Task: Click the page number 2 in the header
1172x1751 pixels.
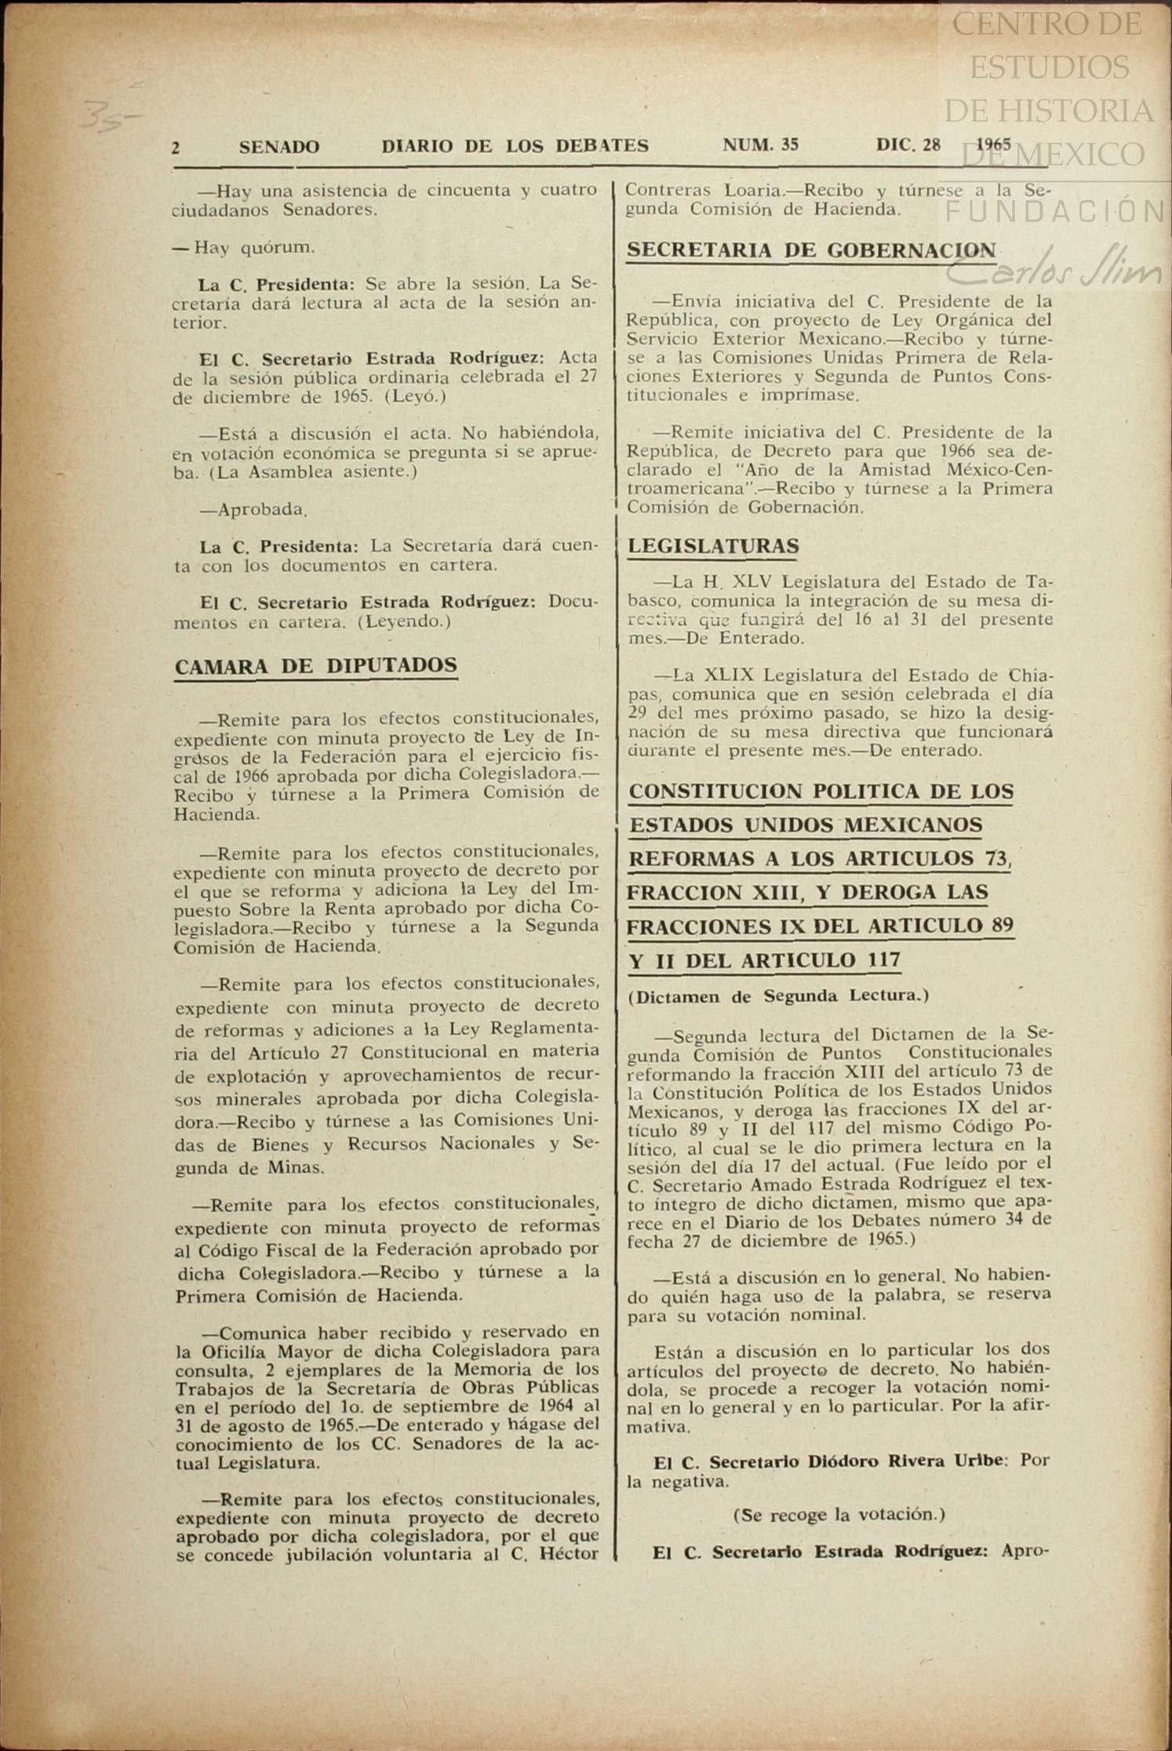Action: point(177,147)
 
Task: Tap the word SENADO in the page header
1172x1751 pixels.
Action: point(279,147)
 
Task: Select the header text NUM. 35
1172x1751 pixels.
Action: point(760,145)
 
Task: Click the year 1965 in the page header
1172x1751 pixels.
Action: point(993,145)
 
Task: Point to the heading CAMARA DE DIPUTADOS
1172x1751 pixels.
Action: point(315,666)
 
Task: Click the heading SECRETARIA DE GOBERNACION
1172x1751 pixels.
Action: point(812,250)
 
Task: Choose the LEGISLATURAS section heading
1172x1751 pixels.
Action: point(714,546)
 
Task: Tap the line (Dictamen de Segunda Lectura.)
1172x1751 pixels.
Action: point(778,996)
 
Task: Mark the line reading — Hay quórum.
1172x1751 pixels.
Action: point(244,248)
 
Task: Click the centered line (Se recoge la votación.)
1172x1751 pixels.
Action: point(839,1513)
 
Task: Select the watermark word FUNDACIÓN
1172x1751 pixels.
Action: point(1055,212)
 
